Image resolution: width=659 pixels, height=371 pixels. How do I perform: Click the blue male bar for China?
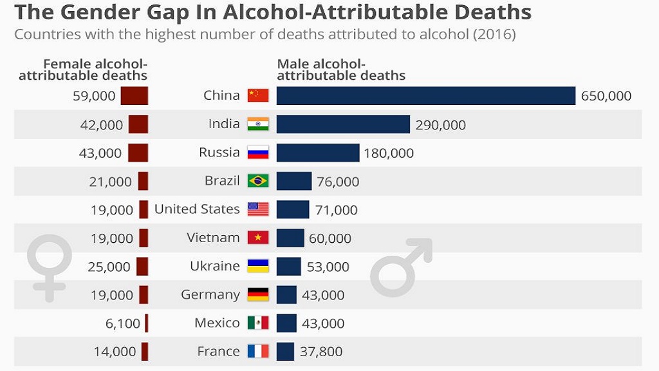(x=425, y=95)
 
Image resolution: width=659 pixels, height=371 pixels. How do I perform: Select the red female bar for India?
(x=138, y=124)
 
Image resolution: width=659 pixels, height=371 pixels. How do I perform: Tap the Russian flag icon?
(x=258, y=153)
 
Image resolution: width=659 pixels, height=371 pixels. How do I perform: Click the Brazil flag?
(x=258, y=181)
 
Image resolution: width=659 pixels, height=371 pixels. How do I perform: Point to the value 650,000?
(x=606, y=96)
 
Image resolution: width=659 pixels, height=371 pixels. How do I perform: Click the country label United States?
(x=197, y=209)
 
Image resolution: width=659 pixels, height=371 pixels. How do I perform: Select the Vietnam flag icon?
(x=258, y=238)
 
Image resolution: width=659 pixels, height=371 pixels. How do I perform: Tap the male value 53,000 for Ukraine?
(x=328, y=267)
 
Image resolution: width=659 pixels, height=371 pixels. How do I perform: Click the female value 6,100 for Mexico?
(x=122, y=323)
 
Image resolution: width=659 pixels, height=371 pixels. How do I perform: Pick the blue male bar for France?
(x=285, y=352)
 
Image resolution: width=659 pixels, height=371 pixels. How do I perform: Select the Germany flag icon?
(x=258, y=295)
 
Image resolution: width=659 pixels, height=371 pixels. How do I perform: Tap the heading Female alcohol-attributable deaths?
(x=84, y=70)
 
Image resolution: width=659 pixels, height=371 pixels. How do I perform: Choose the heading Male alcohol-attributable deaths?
(x=340, y=70)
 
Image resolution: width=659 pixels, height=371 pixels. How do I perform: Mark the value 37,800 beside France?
(x=321, y=352)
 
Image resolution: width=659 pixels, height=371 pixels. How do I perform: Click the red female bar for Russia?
(x=138, y=153)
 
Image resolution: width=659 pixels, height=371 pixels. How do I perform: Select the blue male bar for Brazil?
(x=294, y=181)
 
